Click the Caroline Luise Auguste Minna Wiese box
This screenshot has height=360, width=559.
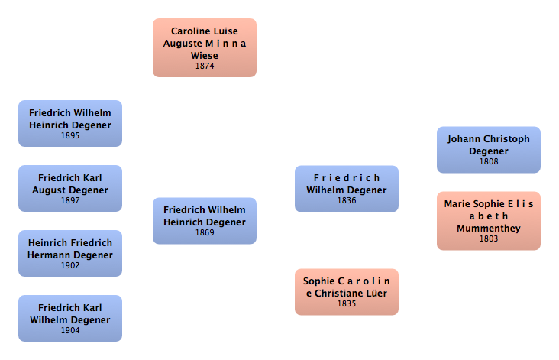point(204,47)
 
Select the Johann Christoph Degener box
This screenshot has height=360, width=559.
point(488,149)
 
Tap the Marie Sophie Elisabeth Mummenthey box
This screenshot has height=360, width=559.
point(488,220)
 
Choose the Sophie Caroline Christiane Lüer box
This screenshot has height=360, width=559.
point(346,291)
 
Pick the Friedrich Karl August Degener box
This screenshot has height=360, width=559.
point(69,187)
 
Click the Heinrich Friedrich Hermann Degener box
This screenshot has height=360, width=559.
point(69,253)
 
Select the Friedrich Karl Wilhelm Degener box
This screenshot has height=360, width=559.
point(69,317)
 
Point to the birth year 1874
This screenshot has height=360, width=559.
point(205,66)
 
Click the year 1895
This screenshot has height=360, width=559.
point(70,135)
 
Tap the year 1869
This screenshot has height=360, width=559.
point(205,233)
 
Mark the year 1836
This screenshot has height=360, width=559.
point(347,201)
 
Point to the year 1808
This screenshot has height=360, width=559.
point(489,162)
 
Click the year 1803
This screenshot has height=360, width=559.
point(489,238)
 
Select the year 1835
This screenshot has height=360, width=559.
point(347,304)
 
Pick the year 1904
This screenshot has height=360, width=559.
point(70,330)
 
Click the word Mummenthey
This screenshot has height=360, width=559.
point(489,228)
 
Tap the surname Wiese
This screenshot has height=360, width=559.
point(205,56)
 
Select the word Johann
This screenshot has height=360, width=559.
point(465,139)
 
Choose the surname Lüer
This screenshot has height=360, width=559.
point(376,294)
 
